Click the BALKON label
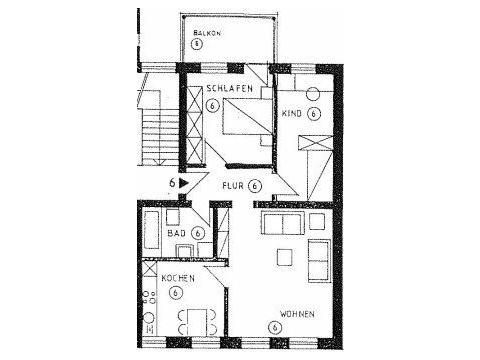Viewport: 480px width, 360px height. (207, 33)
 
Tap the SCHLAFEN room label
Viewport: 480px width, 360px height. (230, 89)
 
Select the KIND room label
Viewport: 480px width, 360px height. (292, 113)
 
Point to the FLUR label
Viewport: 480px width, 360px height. (233, 185)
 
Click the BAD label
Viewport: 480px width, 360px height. (176, 233)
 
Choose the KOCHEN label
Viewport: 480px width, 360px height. (178, 278)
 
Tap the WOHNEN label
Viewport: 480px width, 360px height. (297, 314)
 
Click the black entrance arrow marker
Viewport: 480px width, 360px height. (184, 183)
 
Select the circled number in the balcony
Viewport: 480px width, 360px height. (197, 44)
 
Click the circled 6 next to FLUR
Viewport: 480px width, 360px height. (255, 186)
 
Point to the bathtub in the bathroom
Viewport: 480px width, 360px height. (151, 230)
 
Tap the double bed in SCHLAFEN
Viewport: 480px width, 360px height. (247, 116)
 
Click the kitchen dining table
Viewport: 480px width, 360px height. (197, 322)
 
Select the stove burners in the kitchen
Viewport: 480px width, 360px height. (149, 297)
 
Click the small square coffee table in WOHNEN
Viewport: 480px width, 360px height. (285, 257)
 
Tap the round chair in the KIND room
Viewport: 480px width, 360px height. (313, 94)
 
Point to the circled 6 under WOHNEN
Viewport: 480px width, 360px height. (275, 327)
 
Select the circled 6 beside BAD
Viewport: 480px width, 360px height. (198, 233)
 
